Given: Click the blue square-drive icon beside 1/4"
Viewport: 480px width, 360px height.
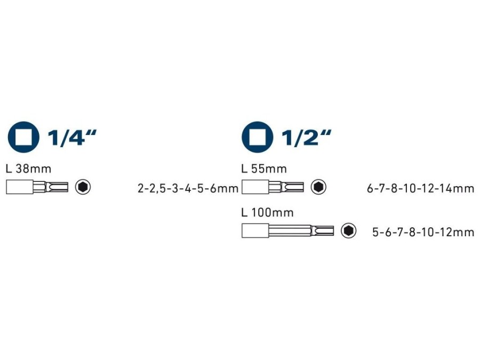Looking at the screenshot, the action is click(23, 137).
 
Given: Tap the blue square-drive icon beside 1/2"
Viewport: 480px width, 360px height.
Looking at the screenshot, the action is click(258, 137).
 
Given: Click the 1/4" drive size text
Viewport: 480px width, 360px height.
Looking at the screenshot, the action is click(72, 138).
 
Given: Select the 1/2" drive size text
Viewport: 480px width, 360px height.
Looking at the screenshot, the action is click(306, 138).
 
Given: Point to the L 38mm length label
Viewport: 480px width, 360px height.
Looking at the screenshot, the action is click(28, 169).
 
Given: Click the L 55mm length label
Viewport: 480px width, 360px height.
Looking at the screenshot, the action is click(264, 169).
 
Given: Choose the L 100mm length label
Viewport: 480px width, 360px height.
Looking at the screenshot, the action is click(267, 212).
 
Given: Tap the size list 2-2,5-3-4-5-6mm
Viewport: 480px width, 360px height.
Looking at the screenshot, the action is click(188, 188).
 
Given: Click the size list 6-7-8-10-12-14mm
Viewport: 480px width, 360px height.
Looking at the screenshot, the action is click(421, 188).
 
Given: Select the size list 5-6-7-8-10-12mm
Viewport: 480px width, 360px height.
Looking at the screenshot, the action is click(423, 232).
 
